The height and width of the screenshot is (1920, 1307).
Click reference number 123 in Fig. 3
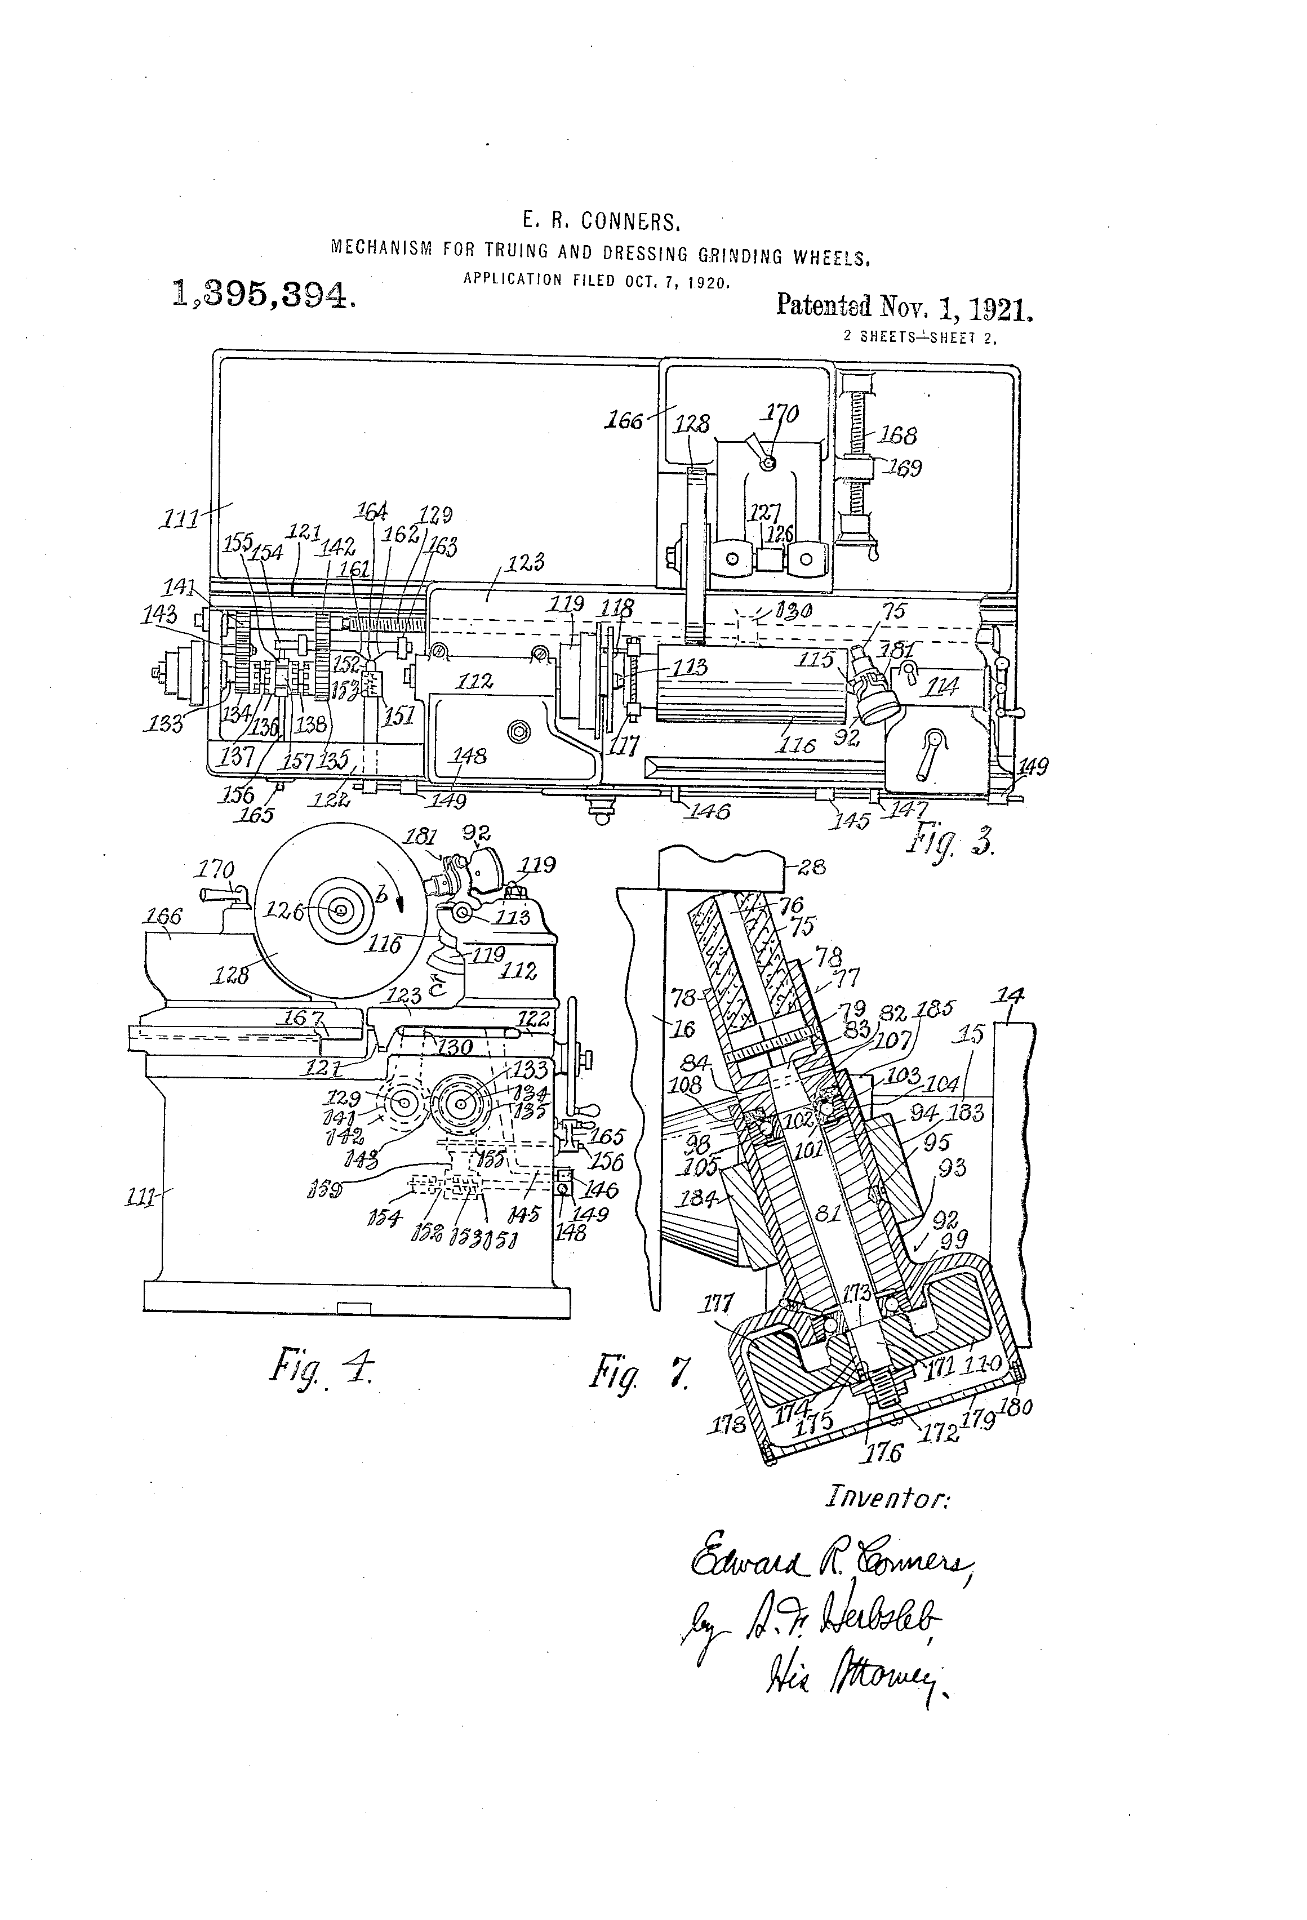[526, 563]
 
